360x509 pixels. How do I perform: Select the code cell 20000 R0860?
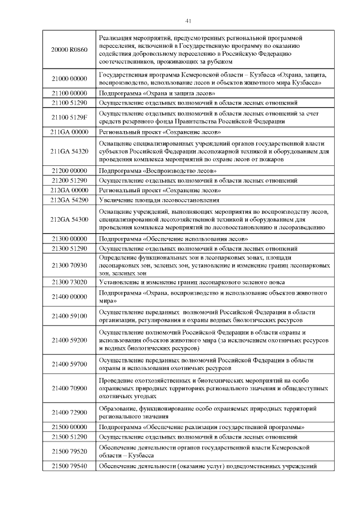pyautogui.click(x=69, y=49)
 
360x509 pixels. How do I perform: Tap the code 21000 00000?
pyautogui.click(x=69, y=79)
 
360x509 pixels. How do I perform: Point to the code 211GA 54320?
pyautogui.click(x=69, y=151)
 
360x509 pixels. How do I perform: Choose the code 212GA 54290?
pyautogui.click(x=69, y=200)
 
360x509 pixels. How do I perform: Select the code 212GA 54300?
pyautogui.click(x=69, y=219)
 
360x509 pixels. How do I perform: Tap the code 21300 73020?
pyautogui.click(x=69, y=282)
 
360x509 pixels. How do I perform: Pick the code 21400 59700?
pyautogui.click(x=69, y=364)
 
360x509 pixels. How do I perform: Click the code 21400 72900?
pyautogui.click(x=69, y=412)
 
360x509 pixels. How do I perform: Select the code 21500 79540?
pyautogui.click(x=69, y=466)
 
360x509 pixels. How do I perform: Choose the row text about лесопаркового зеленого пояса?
pyautogui.click(x=191, y=282)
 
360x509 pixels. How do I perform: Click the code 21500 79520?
pyautogui.click(x=69, y=451)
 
